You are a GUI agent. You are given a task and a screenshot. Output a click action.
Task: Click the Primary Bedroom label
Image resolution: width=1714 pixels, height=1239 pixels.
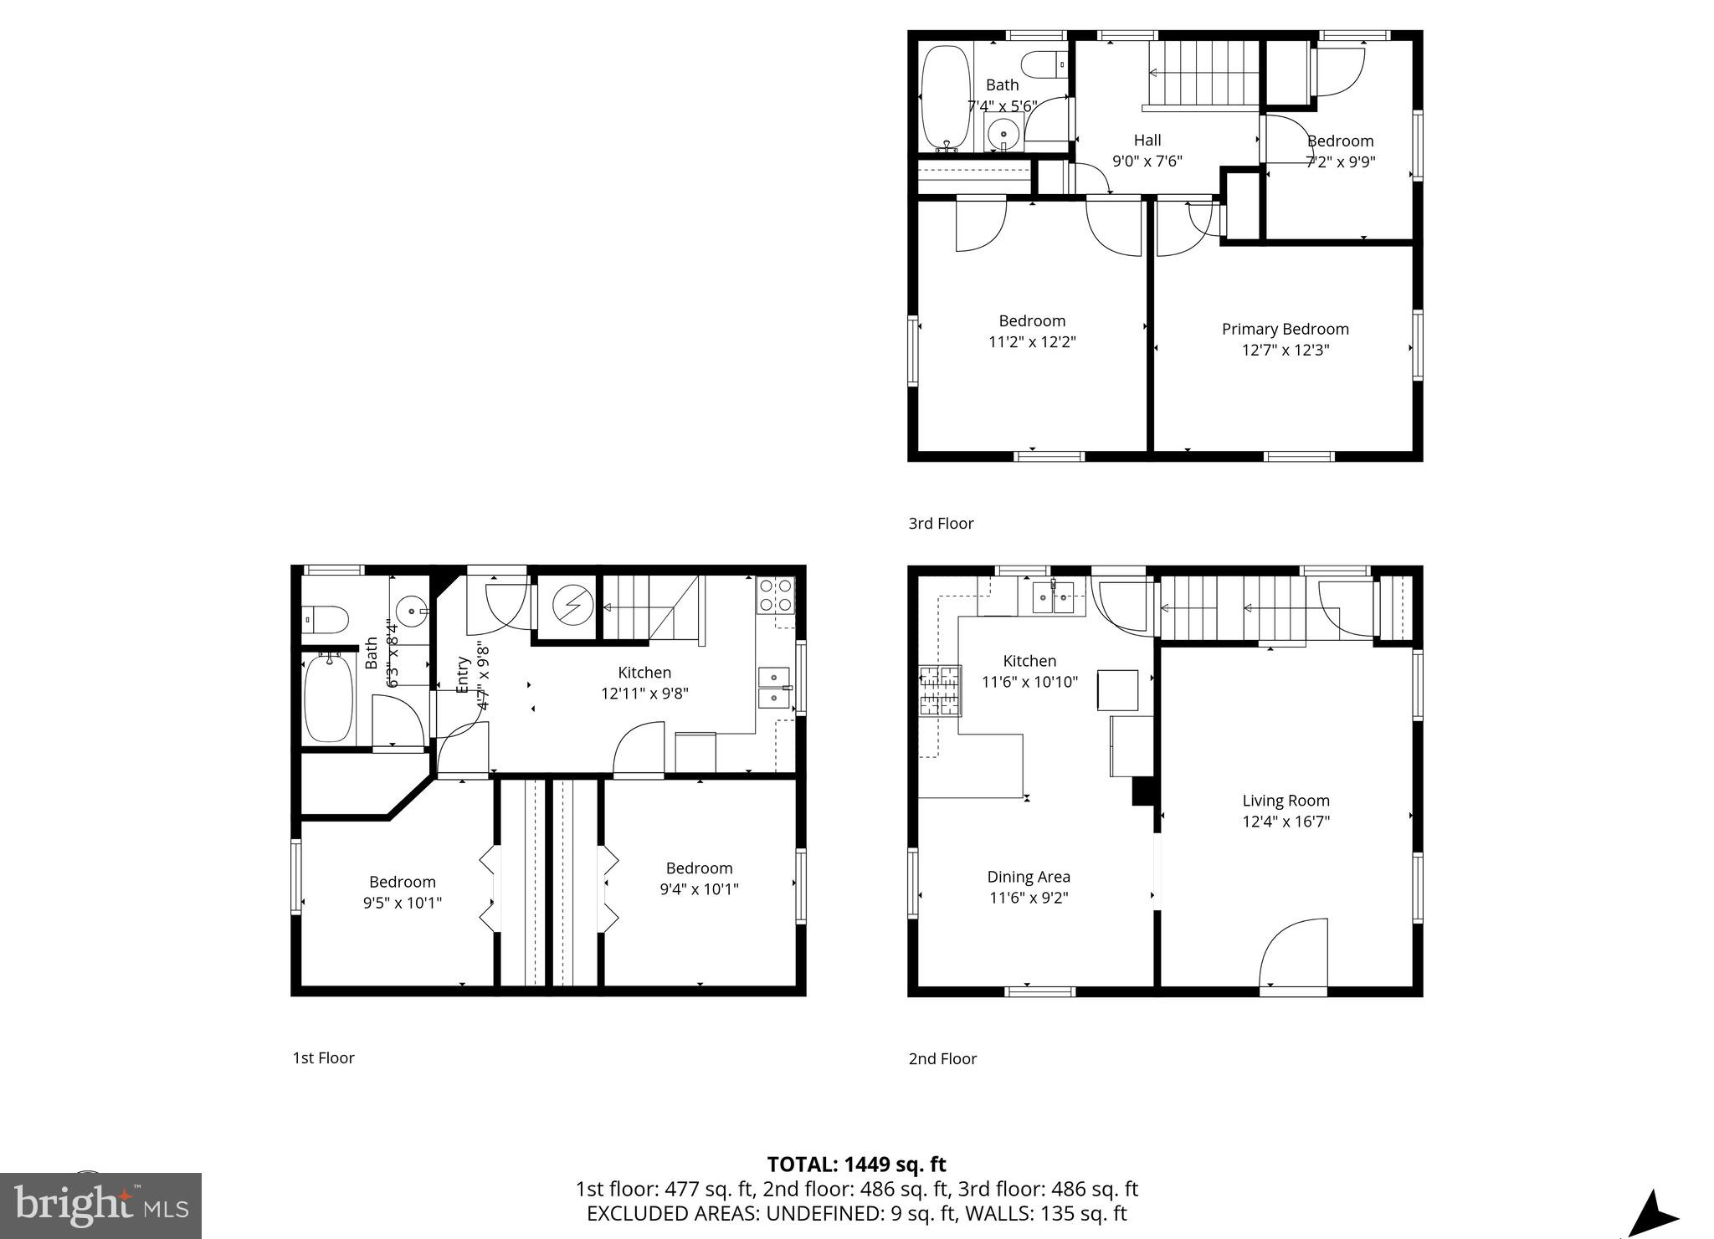point(1285,329)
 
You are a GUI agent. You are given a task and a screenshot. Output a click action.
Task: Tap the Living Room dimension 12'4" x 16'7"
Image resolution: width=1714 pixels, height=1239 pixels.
point(1285,822)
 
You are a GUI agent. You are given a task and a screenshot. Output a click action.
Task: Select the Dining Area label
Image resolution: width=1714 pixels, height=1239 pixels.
point(1029,877)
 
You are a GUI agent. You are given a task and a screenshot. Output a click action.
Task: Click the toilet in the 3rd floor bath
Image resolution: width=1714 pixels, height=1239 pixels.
point(1046,63)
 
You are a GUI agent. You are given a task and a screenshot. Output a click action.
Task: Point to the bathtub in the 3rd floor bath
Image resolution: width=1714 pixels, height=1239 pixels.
point(945,96)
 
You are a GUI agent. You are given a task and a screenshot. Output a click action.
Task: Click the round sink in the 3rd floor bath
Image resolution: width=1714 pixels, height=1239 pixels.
point(1003,133)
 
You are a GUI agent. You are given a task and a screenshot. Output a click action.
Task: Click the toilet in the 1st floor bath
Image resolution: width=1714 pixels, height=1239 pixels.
point(326,620)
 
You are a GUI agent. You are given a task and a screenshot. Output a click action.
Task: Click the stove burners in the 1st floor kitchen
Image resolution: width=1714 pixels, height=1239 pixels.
point(776,595)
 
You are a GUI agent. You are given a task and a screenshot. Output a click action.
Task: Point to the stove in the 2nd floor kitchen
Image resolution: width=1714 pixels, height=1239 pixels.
point(940,691)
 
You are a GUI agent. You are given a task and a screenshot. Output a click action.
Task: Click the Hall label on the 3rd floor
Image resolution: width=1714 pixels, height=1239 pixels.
point(1147,140)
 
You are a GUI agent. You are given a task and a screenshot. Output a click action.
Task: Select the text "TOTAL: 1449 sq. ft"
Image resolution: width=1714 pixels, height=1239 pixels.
point(856,1164)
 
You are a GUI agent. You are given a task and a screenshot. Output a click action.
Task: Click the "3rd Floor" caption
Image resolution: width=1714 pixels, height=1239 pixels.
point(941,523)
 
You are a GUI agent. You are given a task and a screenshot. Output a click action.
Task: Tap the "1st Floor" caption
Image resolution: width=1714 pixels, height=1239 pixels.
point(323,1057)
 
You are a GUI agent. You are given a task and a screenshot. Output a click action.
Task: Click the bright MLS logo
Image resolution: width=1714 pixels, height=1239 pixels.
point(100,1206)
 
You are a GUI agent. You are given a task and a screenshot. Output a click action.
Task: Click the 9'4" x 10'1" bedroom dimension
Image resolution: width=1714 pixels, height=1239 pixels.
point(699,889)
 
